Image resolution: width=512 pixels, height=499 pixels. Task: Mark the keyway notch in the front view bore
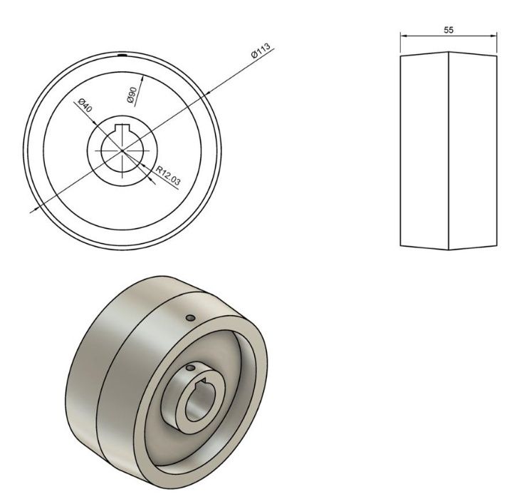coord(122,128)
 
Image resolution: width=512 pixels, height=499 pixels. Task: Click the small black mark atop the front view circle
coord(122,53)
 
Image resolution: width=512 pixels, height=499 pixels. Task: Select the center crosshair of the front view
coord(122,150)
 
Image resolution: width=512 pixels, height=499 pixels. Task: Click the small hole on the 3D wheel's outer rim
coord(189,317)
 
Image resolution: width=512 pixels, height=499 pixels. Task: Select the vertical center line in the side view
coord(449,150)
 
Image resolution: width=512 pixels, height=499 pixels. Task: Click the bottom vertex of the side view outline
coord(449,249)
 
